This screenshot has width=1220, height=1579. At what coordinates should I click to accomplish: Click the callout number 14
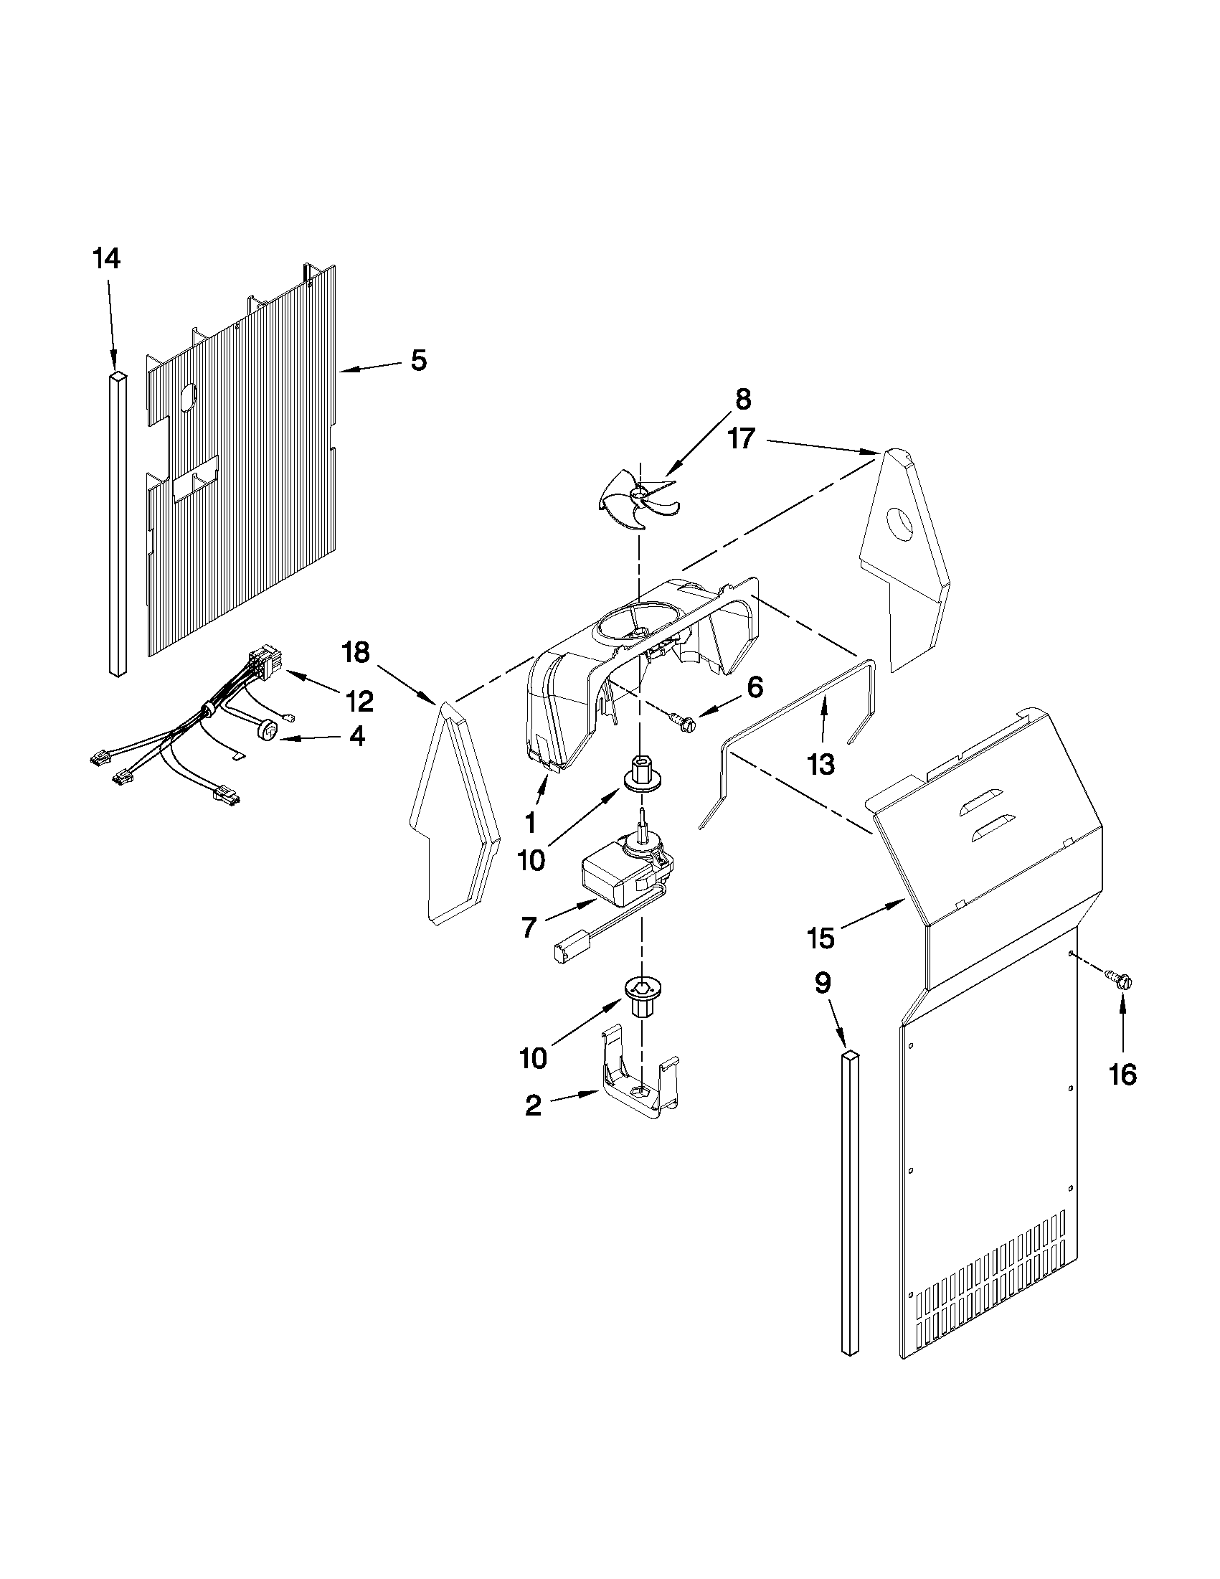click(106, 259)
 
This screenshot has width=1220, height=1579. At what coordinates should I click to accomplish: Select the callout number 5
click(419, 360)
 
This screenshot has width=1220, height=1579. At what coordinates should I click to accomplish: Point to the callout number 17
click(742, 439)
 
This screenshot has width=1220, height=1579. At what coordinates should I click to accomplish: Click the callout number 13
click(822, 763)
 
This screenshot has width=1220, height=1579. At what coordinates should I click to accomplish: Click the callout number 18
click(357, 653)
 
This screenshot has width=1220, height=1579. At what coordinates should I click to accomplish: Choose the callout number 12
click(359, 701)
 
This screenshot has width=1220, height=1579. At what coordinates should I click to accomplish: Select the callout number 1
click(531, 822)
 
